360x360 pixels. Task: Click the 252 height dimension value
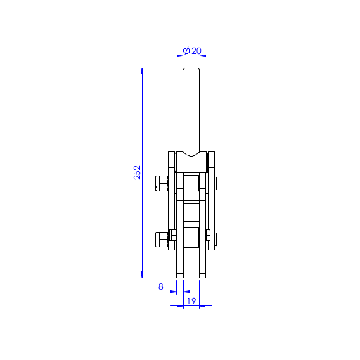[x=137, y=172]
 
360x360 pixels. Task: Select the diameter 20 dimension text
[x=192, y=51]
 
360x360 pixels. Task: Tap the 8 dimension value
[x=161, y=286]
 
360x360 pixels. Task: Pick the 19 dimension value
[x=191, y=301]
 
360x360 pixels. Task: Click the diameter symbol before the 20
[x=186, y=51]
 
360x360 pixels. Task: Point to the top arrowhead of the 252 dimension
[x=142, y=71]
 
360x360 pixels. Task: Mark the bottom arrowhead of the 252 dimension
[x=142, y=274]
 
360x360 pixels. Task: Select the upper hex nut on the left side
[x=162, y=183]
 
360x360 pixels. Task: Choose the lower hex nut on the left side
[x=162, y=240]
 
